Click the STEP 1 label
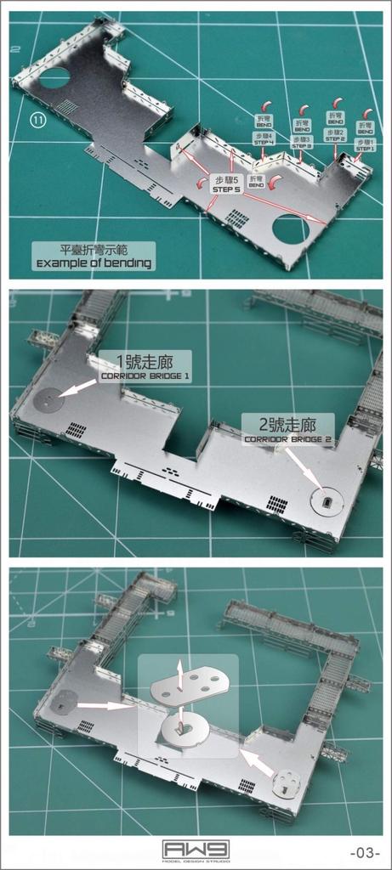[365, 145]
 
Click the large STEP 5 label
[227, 184]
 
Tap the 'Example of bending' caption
[94, 257]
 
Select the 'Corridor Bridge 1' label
[145, 366]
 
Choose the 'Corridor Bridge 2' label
[287, 429]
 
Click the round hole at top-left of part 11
[54, 79]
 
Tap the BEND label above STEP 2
[336, 121]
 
